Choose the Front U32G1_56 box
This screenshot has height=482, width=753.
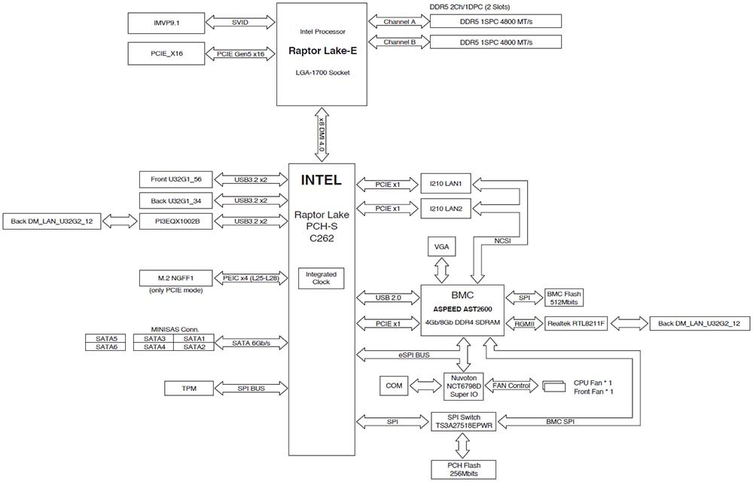pyautogui.click(x=176, y=179)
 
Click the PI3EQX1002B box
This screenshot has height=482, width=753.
pyautogui.click(x=176, y=221)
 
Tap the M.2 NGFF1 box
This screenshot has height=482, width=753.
pyautogui.click(x=176, y=278)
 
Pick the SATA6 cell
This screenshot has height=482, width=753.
pyautogui.click(x=106, y=346)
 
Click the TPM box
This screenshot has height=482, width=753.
pyautogui.click(x=189, y=389)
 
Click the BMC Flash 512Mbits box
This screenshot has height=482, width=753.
pyautogui.click(x=564, y=298)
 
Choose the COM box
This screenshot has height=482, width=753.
pyautogui.click(x=394, y=385)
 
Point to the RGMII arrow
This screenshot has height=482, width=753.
pyautogui.click(x=522, y=324)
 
